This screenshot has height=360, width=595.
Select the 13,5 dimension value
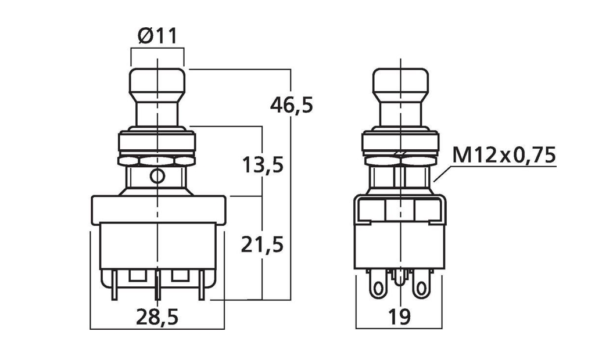coord(263,165)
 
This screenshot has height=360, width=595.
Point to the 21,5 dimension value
coord(262,244)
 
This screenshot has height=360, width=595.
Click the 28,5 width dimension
coord(157,317)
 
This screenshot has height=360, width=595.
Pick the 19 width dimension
coord(399,317)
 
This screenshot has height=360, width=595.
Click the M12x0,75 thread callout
coord(504,155)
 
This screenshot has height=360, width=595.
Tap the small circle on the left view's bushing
coord(157,176)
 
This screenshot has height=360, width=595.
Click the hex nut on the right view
coord(400,160)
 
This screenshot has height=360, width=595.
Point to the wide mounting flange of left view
coord(158,210)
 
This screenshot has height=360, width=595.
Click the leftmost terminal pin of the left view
coord(114,285)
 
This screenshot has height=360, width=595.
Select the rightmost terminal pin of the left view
coord(202,285)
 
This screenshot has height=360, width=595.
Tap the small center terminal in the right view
coord(399,279)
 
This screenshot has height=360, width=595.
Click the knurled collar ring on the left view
coord(157,141)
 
